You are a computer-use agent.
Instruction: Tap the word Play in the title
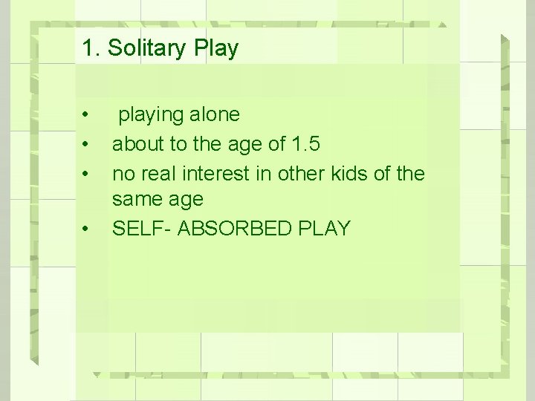(216, 48)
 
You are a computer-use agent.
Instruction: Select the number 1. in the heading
(91, 48)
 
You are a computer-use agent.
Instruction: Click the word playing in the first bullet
(151, 115)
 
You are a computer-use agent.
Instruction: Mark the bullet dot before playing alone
(86, 115)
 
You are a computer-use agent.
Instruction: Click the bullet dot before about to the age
(86, 144)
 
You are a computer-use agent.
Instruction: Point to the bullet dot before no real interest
(86, 174)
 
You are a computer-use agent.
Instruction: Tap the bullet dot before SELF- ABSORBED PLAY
(86, 229)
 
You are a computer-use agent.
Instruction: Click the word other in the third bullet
(296, 174)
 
